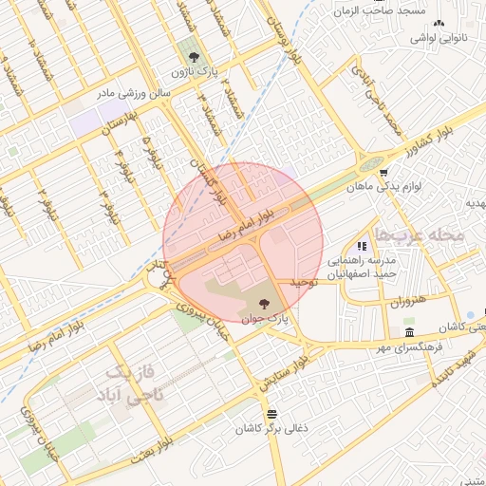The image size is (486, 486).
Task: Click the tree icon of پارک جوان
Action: (263, 304)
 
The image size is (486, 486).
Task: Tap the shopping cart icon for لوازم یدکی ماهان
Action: (383, 173)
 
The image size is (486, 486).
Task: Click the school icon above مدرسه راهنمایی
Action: (362, 246)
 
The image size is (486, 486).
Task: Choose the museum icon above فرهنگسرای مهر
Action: (408, 332)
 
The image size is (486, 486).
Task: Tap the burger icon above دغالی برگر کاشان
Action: (272, 413)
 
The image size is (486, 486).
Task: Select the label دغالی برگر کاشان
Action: (272, 428)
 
